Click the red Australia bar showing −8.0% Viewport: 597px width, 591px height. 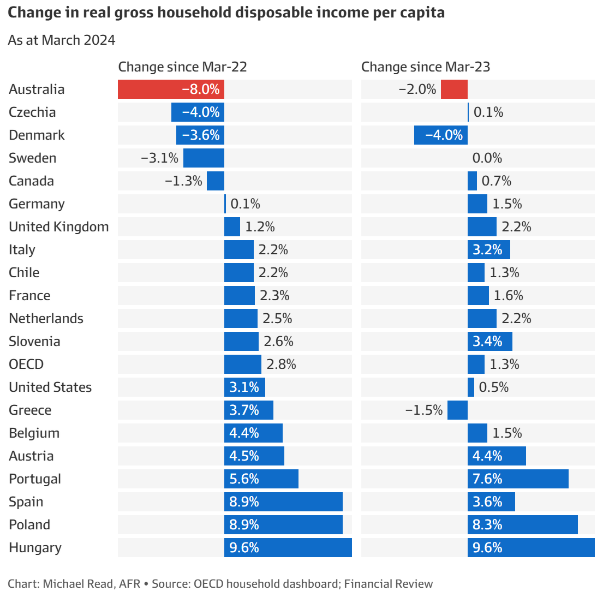[171, 89]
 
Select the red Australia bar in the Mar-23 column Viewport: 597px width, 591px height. [454, 89]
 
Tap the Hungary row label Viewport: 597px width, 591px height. [35, 548]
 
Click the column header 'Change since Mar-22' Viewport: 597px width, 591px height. [182, 67]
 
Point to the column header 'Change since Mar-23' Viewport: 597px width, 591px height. [426, 67]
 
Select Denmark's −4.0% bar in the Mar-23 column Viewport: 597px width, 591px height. [440, 135]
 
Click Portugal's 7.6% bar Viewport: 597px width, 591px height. [517, 479]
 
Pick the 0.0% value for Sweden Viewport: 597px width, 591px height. [487, 158]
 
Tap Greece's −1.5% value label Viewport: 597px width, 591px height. [424, 410]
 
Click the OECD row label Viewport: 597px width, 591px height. [26, 365]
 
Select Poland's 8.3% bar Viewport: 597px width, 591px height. [522, 525]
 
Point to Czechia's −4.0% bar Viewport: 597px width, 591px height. [198, 112]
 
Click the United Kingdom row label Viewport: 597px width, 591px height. [59, 227]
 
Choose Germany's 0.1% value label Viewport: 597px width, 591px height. [246, 204]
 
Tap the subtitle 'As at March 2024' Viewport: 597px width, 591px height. [62, 40]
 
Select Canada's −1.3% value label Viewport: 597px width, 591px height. [183, 181]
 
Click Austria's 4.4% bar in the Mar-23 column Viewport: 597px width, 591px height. [497, 456]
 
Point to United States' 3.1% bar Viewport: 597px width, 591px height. [244, 387]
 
